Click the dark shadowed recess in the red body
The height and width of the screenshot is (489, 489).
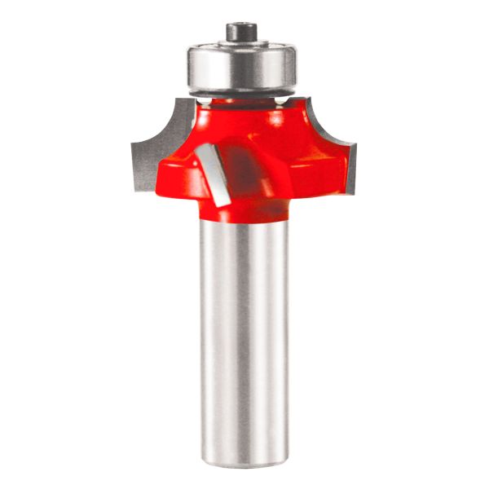[248, 171]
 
